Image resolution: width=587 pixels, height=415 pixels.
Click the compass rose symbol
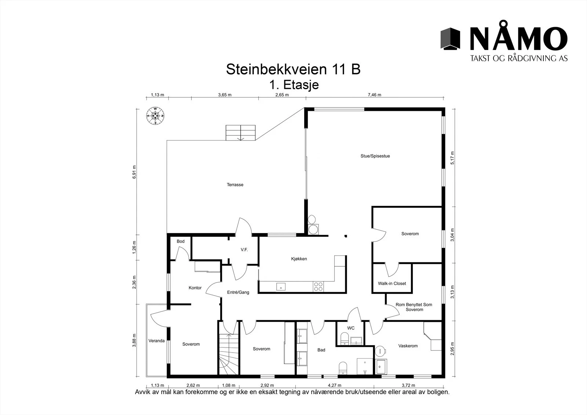point(155,116)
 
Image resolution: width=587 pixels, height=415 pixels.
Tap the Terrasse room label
point(235,185)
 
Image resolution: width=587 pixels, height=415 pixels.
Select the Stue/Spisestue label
point(375,156)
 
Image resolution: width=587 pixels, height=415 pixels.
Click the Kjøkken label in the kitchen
point(299,259)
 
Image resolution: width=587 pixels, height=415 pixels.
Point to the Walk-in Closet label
point(392,283)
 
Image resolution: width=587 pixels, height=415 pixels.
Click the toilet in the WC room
point(344,338)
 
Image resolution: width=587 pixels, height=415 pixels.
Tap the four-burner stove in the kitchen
point(318,286)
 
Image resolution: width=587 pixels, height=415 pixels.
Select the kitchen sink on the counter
point(281,287)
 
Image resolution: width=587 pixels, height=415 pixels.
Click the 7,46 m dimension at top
point(375,95)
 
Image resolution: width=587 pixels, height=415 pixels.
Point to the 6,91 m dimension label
point(134,172)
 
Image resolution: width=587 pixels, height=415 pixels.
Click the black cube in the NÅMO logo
point(450,39)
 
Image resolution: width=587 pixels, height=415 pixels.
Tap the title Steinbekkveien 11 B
point(293,69)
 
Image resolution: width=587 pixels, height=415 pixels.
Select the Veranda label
point(156,341)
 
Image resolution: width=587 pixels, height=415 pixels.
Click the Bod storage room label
point(181,241)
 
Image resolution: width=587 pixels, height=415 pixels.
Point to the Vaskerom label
point(408,346)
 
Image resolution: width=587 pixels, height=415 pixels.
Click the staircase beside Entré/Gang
point(229,348)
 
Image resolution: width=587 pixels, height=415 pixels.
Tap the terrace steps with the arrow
point(241,133)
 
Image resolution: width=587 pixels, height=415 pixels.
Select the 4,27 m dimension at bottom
point(335,385)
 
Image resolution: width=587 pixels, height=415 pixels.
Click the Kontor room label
point(195,288)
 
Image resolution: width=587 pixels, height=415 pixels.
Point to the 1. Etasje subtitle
point(294,85)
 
